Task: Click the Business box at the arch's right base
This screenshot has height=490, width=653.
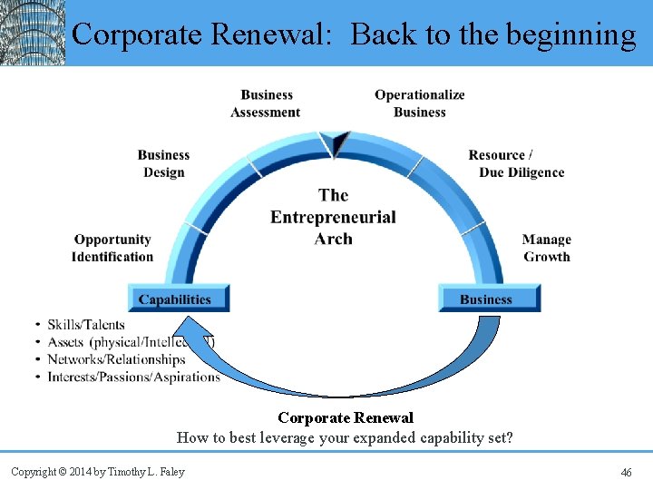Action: click(x=488, y=299)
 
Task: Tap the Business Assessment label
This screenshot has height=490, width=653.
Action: click(x=266, y=103)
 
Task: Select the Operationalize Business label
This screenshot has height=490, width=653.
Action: click(x=419, y=103)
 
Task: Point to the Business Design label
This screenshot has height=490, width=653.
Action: click(x=164, y=163)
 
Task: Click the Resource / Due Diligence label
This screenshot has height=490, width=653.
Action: click(x=516, y=163)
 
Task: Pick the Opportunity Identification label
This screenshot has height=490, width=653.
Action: click(x=112, y=248)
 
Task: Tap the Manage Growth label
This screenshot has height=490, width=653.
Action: click(x=546, y=248)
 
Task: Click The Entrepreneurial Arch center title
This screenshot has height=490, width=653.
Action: click(x=333, y=217)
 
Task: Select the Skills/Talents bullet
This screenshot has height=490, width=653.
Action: click(x=85, y=325)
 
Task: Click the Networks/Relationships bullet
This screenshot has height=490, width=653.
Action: click(x=116, y=359)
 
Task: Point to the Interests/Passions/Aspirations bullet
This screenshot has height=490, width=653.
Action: click(x=133, y=377)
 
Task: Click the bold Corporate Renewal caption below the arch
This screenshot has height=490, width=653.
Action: click(x=345, y=418)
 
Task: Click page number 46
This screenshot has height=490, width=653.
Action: click(x=626, y=472)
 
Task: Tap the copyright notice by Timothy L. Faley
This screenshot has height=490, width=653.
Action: click(x=97, y=472)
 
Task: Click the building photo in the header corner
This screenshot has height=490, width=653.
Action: click(x=33, y=33)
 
